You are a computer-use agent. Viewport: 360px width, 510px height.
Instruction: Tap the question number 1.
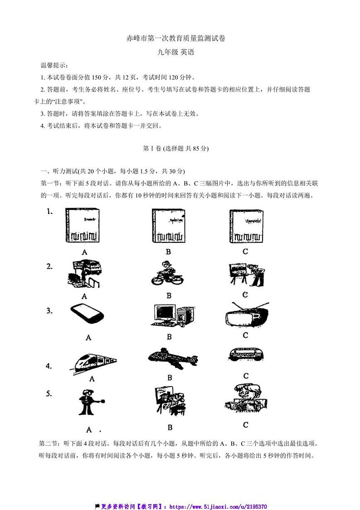(50, 211)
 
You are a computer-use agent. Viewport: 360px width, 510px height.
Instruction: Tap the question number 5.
(50, 393)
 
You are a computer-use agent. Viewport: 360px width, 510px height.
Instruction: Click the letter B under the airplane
(170, 377)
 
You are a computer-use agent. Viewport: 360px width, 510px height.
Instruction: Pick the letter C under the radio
(245, 335)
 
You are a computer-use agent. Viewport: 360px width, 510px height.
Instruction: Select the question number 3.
(50, 311)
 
